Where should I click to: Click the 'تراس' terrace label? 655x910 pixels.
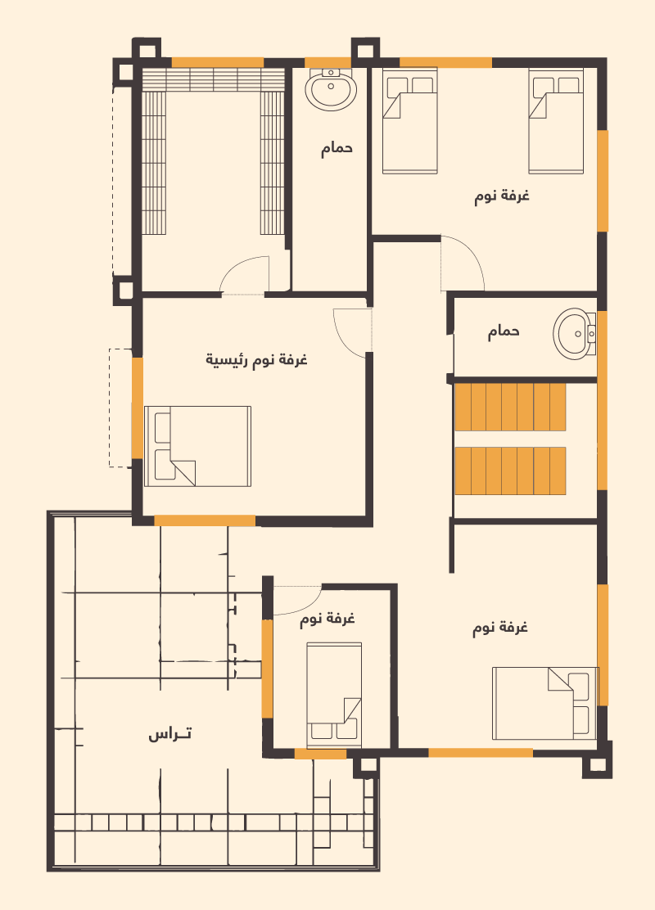pos(169,734)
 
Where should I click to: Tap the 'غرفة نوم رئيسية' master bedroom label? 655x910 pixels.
pos(256,360)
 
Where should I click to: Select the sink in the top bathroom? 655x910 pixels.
pos(331,89)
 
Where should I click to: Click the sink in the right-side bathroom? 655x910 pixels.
pos(574,334)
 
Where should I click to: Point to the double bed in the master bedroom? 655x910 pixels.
pos(197,446)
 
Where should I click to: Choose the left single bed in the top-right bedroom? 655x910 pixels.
pos(410,121)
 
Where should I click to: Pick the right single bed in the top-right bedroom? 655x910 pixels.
pos(556,121)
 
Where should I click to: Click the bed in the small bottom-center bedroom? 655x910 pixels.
pos(334,695)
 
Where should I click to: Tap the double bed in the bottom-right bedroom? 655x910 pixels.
pos(544,704)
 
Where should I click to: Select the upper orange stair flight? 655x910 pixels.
pos(510,407)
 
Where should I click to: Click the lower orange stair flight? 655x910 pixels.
pos(510,471)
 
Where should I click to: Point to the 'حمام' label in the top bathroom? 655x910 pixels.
pos(337,149)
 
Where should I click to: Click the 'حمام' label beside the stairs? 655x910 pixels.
pos(504,332)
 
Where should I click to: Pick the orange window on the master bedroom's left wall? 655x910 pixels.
pos(137,408)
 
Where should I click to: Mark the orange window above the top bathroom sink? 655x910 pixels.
pos(327,63)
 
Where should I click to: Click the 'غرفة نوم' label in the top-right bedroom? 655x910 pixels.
pos(502,196)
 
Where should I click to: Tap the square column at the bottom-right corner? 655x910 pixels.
pos(597,761)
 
